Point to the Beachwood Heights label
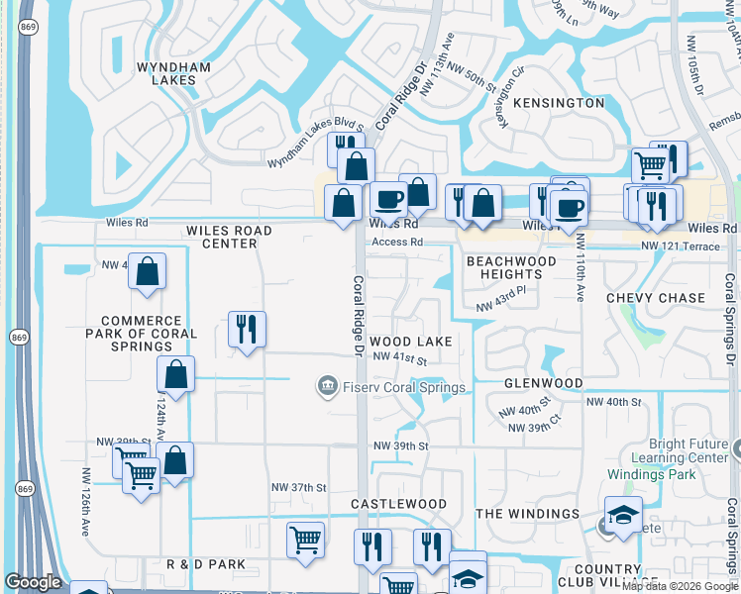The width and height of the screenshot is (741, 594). [511, 267]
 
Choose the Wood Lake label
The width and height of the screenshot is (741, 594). [411, 342]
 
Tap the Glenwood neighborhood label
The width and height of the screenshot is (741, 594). [543, 383]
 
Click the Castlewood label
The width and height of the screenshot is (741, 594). [399, 504]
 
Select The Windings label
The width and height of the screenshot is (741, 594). [528, 514]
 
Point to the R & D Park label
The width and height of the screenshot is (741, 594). [206, 564]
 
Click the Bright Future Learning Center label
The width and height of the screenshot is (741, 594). [688, 451]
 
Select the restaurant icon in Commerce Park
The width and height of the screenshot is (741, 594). [246, 329]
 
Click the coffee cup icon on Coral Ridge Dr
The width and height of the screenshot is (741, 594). [389, 199]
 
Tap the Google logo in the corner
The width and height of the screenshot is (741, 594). [34, 582]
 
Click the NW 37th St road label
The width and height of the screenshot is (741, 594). [299, 488]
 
